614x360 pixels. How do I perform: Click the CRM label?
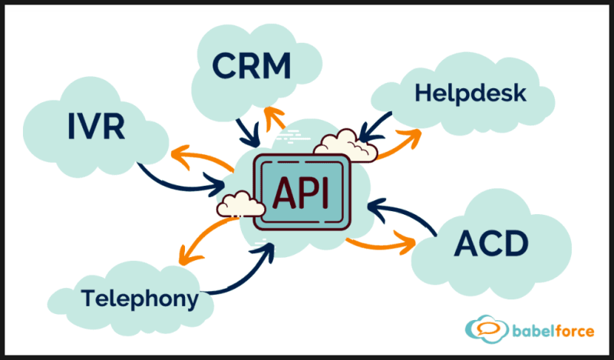coord(253,67)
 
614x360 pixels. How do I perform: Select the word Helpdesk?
coord(470,94)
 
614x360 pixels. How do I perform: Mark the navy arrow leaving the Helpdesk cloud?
coord(375,127)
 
